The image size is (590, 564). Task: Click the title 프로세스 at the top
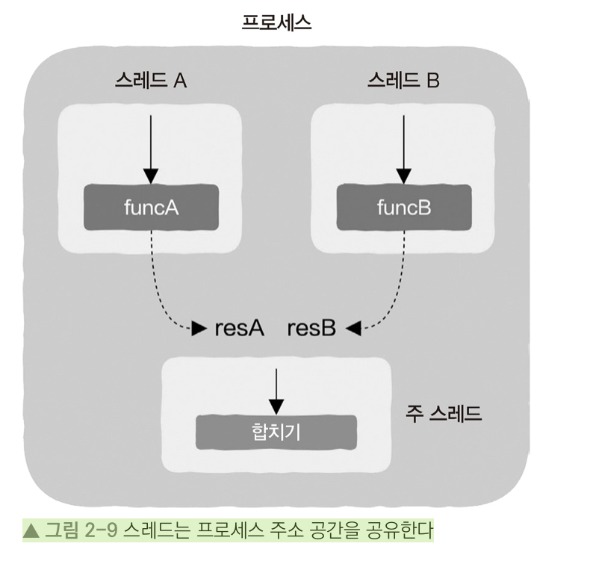pyautogui.click(x=276, y=22)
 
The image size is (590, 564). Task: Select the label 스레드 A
pyautogui.click(x=151, y=81)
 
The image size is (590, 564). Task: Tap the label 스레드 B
pyautogui.click(x=403, y=81)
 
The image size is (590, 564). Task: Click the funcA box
pyautogui.click(x=152, y=208)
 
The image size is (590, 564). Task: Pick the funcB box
pyautogui.click(x=404, y=208)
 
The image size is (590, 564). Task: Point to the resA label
pyautogui.click(x=240, y=328)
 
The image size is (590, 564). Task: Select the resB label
pyautogui.click(x=311, y=328)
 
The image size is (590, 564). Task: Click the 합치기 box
pyautogui.click(x=276, y=431)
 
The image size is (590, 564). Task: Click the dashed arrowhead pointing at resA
pyautogui.click(x=199, y=328)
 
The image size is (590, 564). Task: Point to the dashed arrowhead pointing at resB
pyautogui.click(x=353, y=328)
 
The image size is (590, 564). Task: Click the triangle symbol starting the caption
pyautogui.click(x=32, y=531)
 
